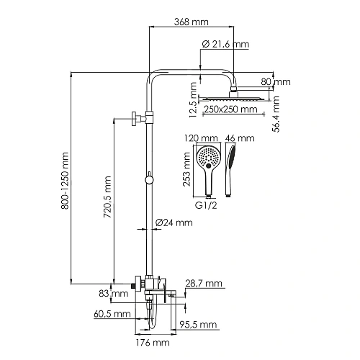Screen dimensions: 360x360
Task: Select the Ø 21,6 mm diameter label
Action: [x=225, y=45]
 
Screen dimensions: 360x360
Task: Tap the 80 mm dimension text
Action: [x=277, y=82]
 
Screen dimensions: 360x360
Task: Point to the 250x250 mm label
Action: [x=230, y=109]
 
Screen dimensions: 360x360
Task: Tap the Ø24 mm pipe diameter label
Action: [x=174, y=223]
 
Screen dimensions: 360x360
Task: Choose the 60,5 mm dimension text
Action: [x=112, y=315]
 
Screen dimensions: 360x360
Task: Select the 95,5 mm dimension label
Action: [x=199, y=325]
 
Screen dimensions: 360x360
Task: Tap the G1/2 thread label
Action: [x=207, y=205]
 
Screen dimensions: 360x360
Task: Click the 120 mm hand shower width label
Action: [x=205, y=137]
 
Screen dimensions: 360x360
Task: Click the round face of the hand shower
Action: [x=207, y=157]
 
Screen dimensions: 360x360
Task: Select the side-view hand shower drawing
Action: [x=231, y=170]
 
